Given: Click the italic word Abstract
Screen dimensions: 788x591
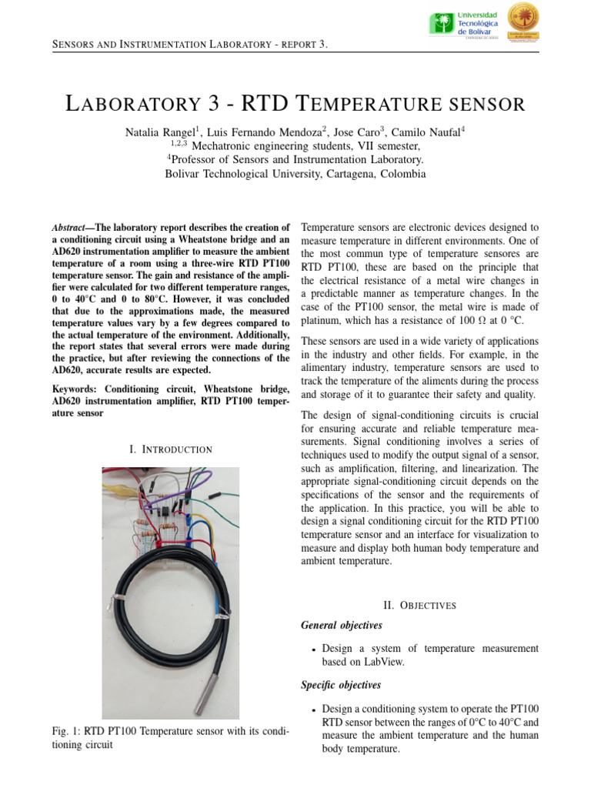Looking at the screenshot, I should pos(68,228).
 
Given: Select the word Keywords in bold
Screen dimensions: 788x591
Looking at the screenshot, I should pos(75,389).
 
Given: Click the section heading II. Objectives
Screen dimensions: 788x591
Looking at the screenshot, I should pos(419,606).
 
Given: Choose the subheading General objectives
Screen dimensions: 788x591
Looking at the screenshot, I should pos(341,625).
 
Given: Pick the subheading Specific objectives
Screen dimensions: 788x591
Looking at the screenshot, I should pos(340,685).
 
